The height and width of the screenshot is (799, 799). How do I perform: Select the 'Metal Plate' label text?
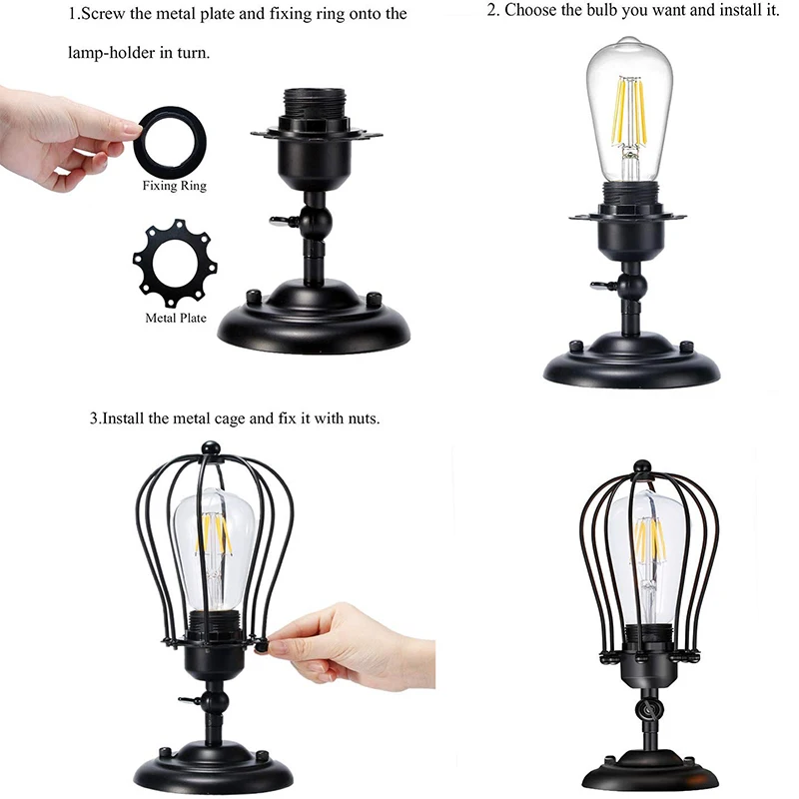tap(176, 319)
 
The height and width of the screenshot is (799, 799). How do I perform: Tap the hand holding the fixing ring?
tap(60, 135)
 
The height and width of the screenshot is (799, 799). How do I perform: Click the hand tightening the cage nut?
tap(350, 644)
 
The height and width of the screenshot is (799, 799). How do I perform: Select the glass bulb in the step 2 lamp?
tap(629, 110)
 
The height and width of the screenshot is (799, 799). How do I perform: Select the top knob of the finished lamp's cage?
tap(643, 465)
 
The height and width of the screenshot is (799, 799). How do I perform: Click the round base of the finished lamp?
tap(650, 770)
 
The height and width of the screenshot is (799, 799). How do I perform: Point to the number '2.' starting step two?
tap(493, 11)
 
